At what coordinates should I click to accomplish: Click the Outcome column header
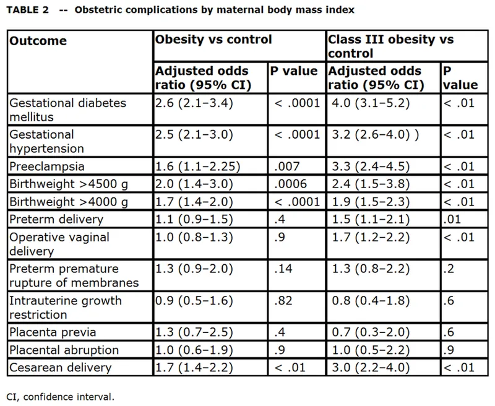tap(38, 41)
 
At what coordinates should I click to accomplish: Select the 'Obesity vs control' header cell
tap(213, 40)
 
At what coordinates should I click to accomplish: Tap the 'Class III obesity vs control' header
tap(390, 46)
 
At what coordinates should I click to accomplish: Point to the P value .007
tap(284, 166)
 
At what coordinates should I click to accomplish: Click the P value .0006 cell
tap(286, 184)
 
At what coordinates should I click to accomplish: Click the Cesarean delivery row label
tap(61, 368)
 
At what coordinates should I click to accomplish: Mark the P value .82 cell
tap(281, 301)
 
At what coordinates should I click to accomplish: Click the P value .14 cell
tap(281, 269)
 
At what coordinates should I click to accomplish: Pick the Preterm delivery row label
tap(56, 219)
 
